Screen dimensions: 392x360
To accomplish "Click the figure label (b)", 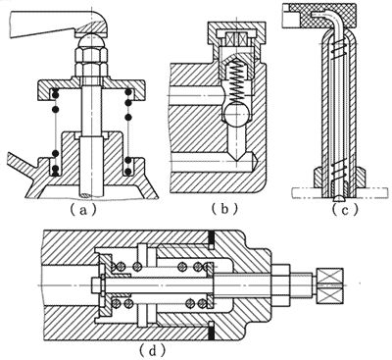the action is [x=224, y=209].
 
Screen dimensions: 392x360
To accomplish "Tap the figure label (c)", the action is [x=345, y=209].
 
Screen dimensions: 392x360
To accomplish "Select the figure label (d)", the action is [x=152, y=351].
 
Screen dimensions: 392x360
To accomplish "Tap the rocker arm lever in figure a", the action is [x=59, y=24].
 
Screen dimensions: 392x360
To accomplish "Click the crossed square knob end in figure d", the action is [x=329, y=284].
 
